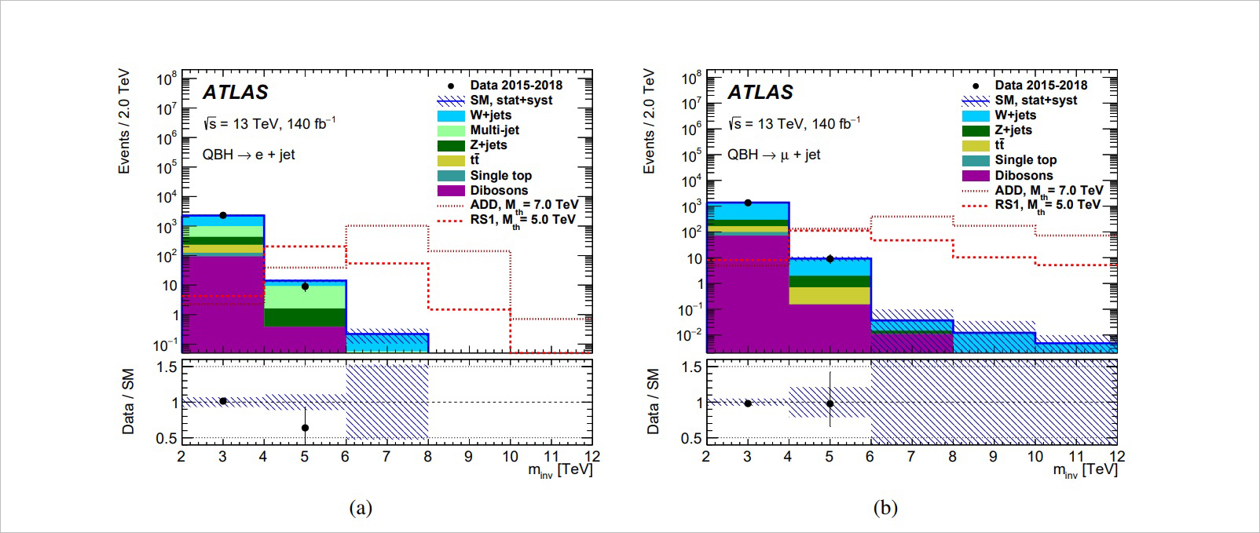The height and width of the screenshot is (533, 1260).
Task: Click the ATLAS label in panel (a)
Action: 235,93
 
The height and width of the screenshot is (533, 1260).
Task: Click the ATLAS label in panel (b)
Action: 760,93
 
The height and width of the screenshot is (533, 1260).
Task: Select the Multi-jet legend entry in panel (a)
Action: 494,130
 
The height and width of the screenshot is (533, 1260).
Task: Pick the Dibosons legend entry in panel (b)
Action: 1024,176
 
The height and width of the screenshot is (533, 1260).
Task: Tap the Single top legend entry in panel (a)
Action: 500,176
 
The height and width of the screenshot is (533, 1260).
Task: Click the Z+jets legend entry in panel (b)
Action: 1013,130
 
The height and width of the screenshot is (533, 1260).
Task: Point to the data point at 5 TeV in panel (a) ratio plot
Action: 305,428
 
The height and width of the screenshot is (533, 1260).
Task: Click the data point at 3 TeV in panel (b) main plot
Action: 748,203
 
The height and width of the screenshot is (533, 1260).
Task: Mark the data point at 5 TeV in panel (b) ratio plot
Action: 830,403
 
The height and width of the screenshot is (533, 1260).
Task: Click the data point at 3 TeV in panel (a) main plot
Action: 223,215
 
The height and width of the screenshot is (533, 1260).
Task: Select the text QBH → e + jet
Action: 248,155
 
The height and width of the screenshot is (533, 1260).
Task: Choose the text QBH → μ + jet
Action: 773,155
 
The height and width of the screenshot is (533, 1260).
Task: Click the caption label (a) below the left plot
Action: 361,508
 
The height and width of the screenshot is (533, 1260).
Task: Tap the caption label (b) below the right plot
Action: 885,508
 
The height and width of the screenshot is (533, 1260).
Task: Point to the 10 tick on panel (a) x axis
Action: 510,457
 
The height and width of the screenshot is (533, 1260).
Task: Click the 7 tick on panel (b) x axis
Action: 911,457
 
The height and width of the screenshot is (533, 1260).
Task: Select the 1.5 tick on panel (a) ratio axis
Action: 166,367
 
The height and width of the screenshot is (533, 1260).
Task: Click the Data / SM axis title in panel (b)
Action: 653,401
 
